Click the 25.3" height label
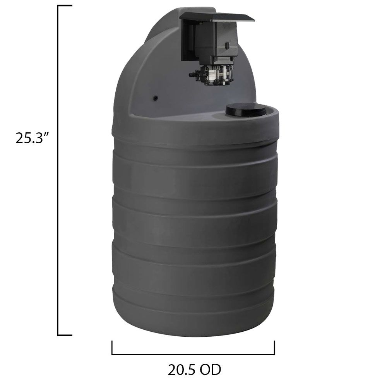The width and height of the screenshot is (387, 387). [x=33, y=138]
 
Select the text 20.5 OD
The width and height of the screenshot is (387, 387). [x=194, y=370]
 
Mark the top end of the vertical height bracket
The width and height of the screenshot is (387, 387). [x=64, y=6]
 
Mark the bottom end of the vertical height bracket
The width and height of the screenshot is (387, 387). [x=64, y=335]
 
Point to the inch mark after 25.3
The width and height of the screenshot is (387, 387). [x=49, y=134]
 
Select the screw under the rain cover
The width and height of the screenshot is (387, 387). [x=202, y=24]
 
